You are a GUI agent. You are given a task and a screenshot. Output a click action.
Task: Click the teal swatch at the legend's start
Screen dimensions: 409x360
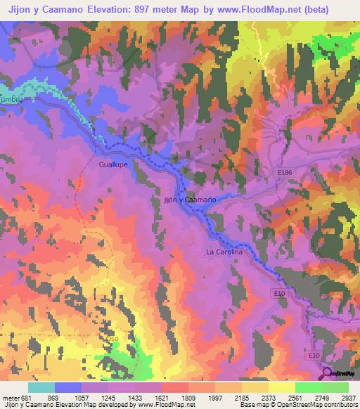point(41,387)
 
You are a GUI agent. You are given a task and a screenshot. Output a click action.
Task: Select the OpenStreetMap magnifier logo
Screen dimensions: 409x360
point(328,374)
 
